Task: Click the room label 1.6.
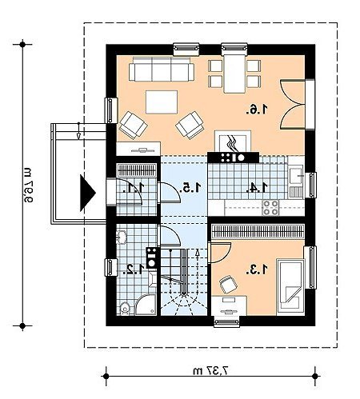pyautogui.click(x=257, y=110)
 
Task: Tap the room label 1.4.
pyautogui.click(x=257, y=188)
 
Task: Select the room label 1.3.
pyautogui.click(x=257, y=269)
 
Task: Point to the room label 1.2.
pyautogui.click(x=134, y=269)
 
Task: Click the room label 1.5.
pyautogui.click(x=190, y=188)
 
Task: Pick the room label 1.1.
pyautogui.click(x=134, y=188)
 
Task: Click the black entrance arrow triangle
pyautogui.click(x=88, y=193)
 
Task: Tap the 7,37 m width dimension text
pyautogui.click(x=211, y=370)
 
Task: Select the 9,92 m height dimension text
pyautogui.click(x=27, y=185)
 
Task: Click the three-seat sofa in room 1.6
pyautogui.click(x=162, y=69)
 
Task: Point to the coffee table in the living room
pyautogui.click(x=162, y=102)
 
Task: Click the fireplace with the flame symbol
pyautogui.click(x=233, y=142)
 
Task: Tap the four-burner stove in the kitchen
pyautogui.click(x=270, y=208)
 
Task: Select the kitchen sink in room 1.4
pyautogui.click(x=296, y=175)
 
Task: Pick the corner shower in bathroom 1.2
pyautogui.click(x=146, y=305)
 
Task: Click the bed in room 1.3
pyautogui.click(x=290, y=287)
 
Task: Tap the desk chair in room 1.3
pyautogui.click(x=228, y=285)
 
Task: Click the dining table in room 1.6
pyautogui.click(x=234, y=74)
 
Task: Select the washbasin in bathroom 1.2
pyautogui.click(x=122, y=237)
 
